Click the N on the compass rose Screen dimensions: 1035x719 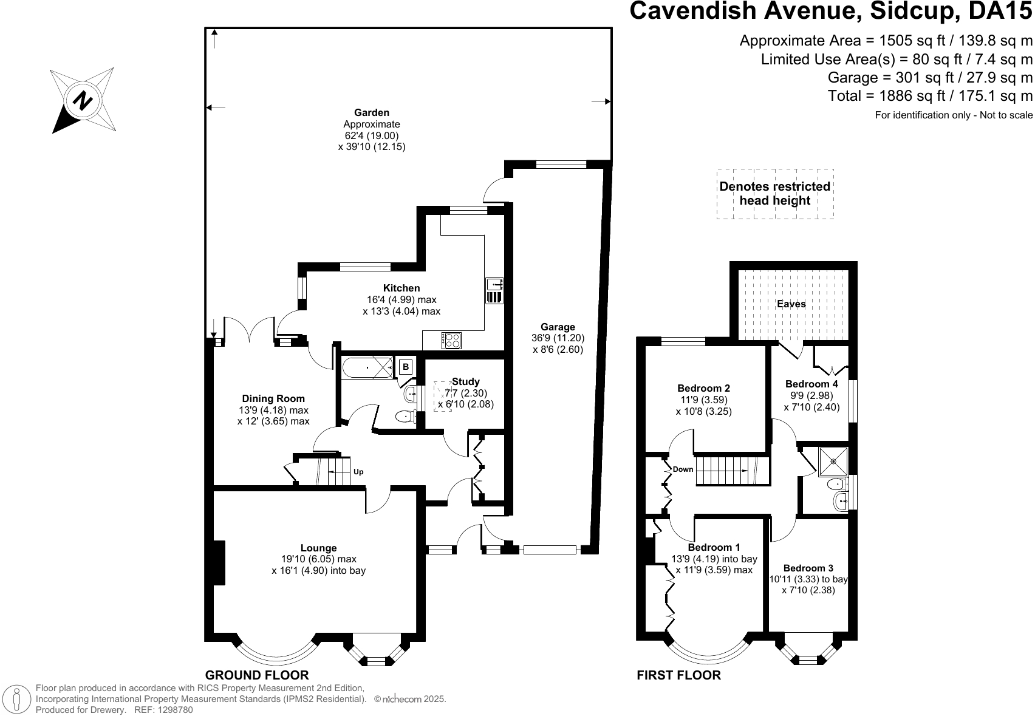[82, 100]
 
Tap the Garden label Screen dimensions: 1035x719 [372, 112]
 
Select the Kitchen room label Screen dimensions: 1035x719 [401, 288]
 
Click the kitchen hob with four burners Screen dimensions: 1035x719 [451, 341]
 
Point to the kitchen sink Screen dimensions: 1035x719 [494, 290]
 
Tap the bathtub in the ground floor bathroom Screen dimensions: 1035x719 [368, 368]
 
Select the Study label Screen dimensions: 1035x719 [466, 382]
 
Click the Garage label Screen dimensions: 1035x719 [558, 327]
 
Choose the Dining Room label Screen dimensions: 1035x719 [273, 398]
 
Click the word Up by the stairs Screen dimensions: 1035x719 [358, 472]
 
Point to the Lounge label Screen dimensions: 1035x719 [318, 548]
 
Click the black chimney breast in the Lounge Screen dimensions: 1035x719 [219, 563]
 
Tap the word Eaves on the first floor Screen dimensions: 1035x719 [791, 304]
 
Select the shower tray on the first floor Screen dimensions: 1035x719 [833, 461]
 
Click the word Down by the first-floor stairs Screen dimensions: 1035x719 [683, 469]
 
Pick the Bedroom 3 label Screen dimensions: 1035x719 [808, 568]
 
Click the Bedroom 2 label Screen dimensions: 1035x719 [703, 388]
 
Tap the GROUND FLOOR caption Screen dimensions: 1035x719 [257, 675]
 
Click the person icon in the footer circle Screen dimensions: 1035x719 [17, 699]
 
